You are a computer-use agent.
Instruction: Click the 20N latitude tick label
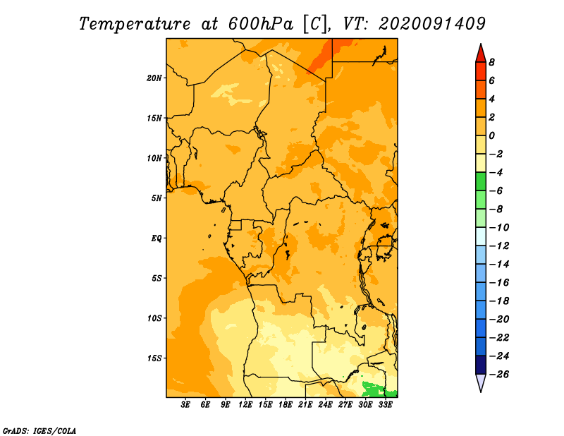click(154, 78)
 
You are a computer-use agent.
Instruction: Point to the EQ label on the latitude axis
click(157, 238)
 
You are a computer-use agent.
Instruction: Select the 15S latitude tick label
click(154, 358)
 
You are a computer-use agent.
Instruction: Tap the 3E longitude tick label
click(185, 404)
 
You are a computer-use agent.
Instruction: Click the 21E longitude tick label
click(305, 404)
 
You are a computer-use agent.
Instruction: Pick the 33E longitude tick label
click(385, 404)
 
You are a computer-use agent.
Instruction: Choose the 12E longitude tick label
click(245, 404)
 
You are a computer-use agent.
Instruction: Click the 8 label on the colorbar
click(491, 62)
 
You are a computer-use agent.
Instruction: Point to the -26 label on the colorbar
click(499, 375)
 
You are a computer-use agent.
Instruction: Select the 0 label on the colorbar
click(491, 135)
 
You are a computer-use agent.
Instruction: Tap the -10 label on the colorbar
click(499, 228)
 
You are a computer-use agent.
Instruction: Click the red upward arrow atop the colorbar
click(481, 54)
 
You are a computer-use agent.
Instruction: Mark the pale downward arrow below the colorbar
click(481, 382)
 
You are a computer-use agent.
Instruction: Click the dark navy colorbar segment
click(481, 365)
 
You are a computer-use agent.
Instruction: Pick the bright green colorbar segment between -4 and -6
click(481, 181)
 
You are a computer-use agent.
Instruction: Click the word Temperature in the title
click(135, 25)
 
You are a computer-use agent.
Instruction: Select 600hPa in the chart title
click(260, 24)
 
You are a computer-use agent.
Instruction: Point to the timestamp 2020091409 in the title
click(432, 24)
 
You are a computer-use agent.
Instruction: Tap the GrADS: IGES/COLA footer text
click(39, 431)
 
